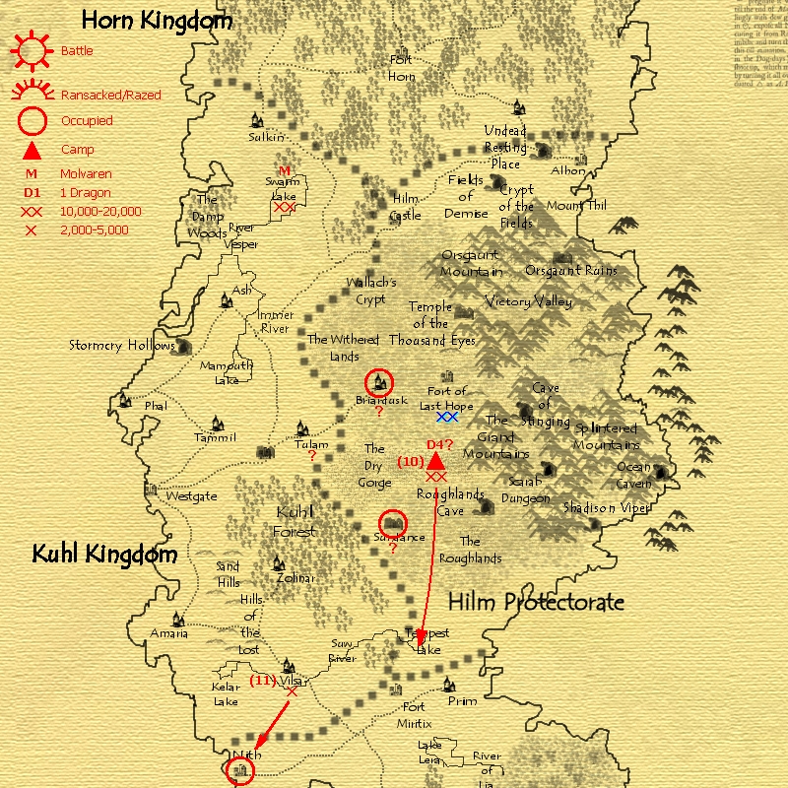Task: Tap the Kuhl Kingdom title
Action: pos(104,554)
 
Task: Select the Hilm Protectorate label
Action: pos(536,602)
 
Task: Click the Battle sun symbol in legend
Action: pos(33,48)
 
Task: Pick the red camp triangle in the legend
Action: pos(33,150)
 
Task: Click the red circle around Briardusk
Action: pos(378,382)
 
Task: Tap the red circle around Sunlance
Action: pos(393,522)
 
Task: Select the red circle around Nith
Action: pos(239,770)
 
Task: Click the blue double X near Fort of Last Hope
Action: pos(448,417)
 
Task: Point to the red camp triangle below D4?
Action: pos(434,460)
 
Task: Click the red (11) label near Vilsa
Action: pos(262,680)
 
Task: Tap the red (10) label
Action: pos(410,461)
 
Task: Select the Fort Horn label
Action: pos(401,67)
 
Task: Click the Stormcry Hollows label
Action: pos(121,346)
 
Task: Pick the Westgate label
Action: pos(191,496)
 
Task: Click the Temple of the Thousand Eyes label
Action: pos(431,323)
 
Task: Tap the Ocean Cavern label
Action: pos(633,475)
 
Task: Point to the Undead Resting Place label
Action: pos(505,147)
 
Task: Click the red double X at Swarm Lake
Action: pos(284,207)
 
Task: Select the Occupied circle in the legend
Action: pos(33,121)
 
